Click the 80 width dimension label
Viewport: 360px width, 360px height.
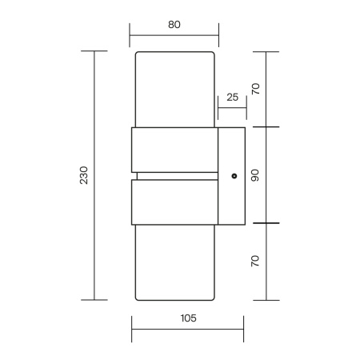point(174,25)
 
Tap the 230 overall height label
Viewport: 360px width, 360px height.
point(84,175)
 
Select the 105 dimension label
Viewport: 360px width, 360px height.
point(189,318)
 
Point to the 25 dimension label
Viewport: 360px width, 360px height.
point(233,98)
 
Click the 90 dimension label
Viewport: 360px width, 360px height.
point(255,175)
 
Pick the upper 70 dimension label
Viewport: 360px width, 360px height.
point(255,89)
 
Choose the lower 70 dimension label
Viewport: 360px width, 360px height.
point(255,261)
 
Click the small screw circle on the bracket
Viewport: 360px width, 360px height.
point(234,176)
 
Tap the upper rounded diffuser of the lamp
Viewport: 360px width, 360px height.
point(174,90)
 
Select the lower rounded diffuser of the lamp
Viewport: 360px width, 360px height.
point(174,262)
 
